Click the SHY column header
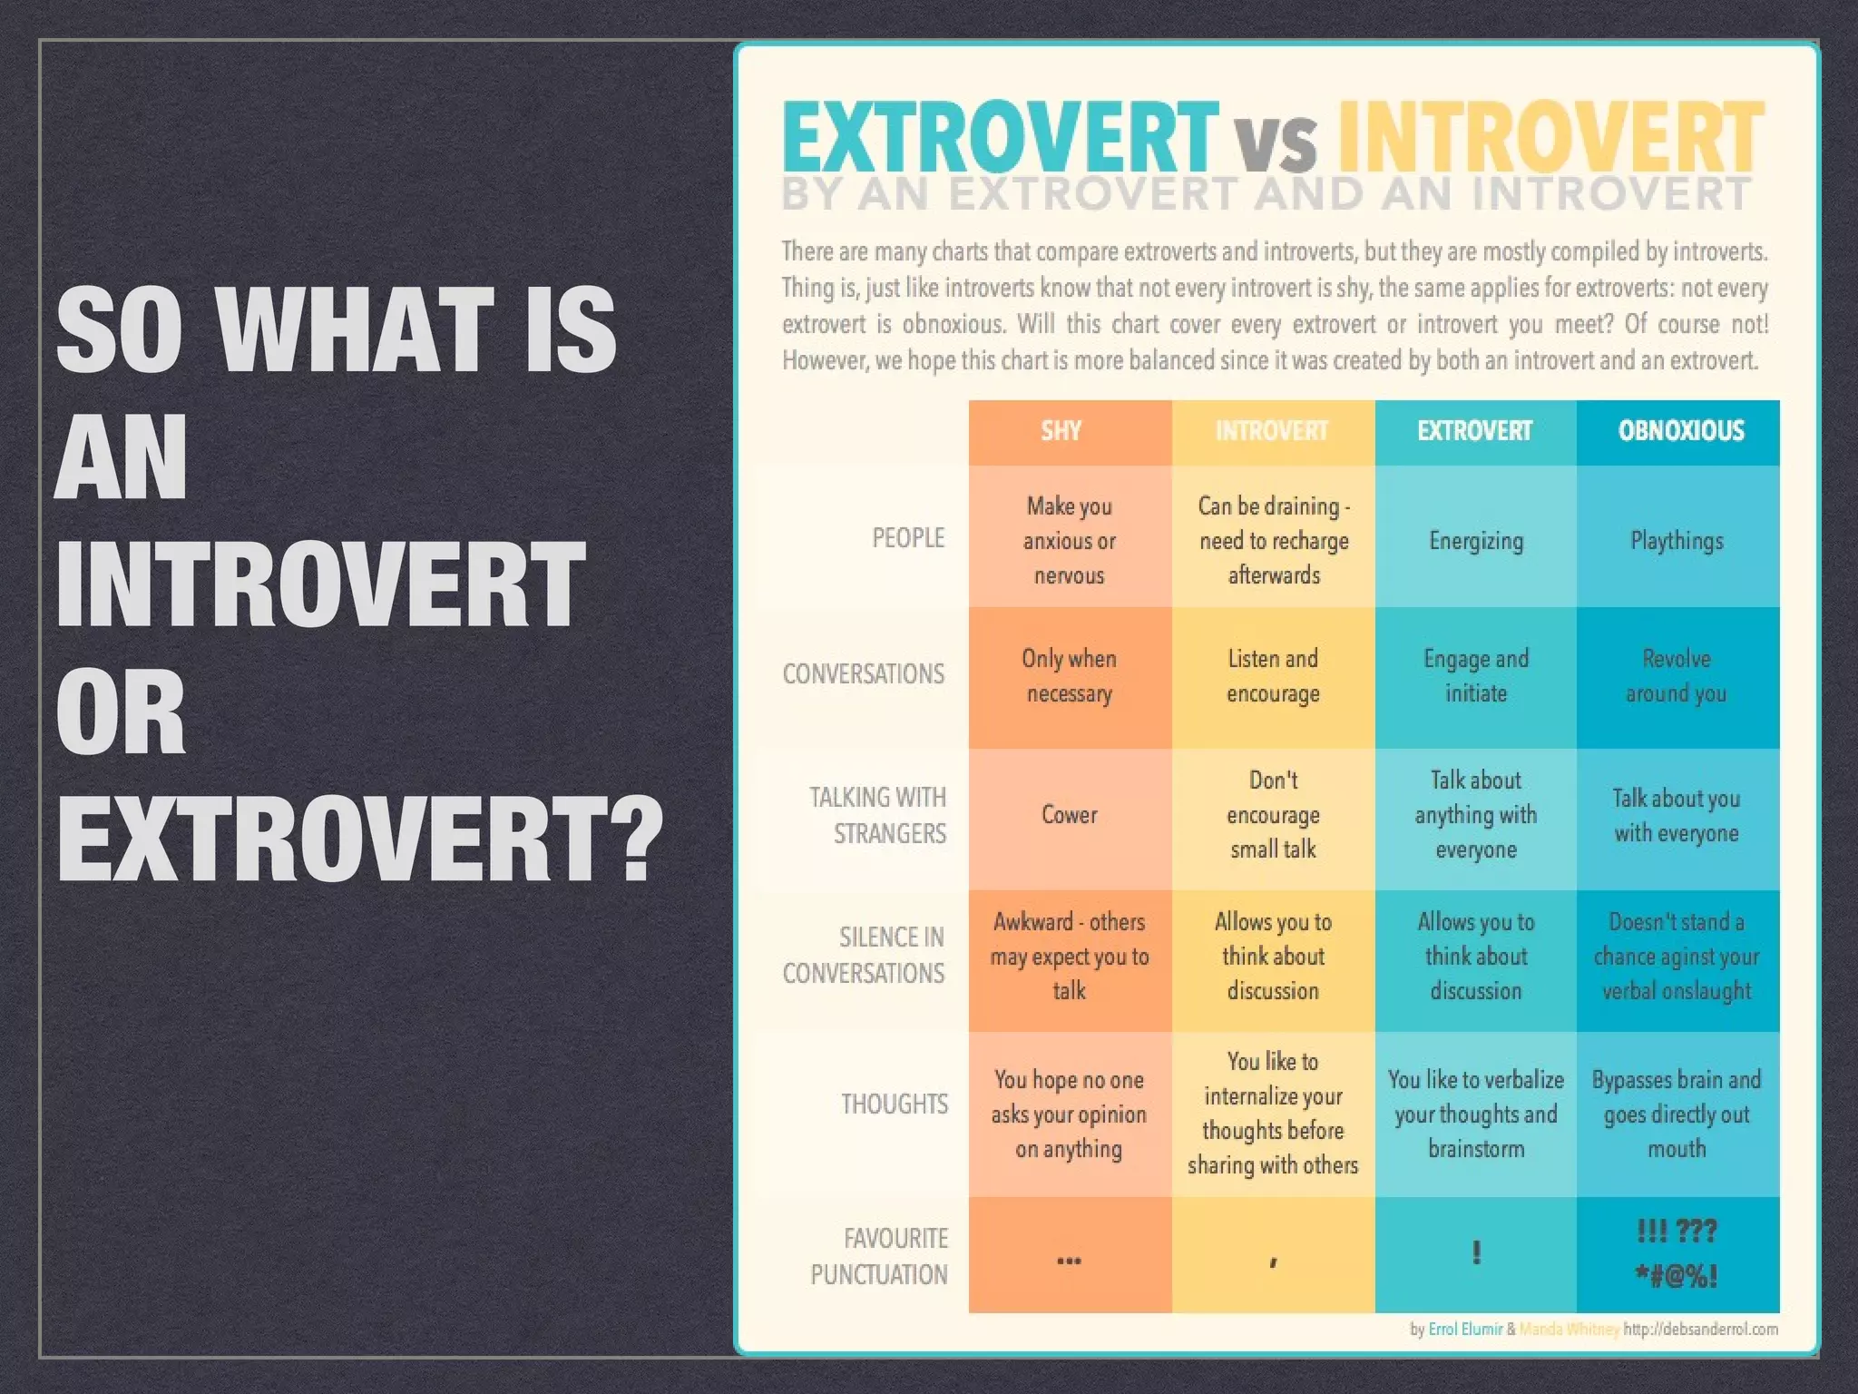click(1061, 431)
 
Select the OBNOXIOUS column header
click(1680, 431)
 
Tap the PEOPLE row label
click(908, 538)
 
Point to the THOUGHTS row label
click(895, 1104)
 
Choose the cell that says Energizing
click(1476, 541)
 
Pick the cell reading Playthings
click(1677, 541)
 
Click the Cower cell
click(1070, 815)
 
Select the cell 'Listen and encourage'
click(1273, 676)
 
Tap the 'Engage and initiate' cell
click(1476, 676)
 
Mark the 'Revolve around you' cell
click(1677, 676)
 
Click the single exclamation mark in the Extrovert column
click(1477, 1253)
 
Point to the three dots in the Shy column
click(1070, 1261)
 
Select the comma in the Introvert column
click(1274, 1261)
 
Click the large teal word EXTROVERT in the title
click(998, 138)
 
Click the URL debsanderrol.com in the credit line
click(1700, 1330)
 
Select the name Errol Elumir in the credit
click(1465, 1330)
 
